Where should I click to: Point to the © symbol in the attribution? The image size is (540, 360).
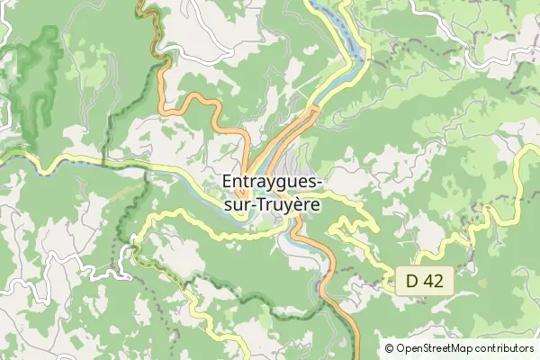389,348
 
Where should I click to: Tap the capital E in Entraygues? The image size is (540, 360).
226,183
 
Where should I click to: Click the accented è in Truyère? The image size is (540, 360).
302,204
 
